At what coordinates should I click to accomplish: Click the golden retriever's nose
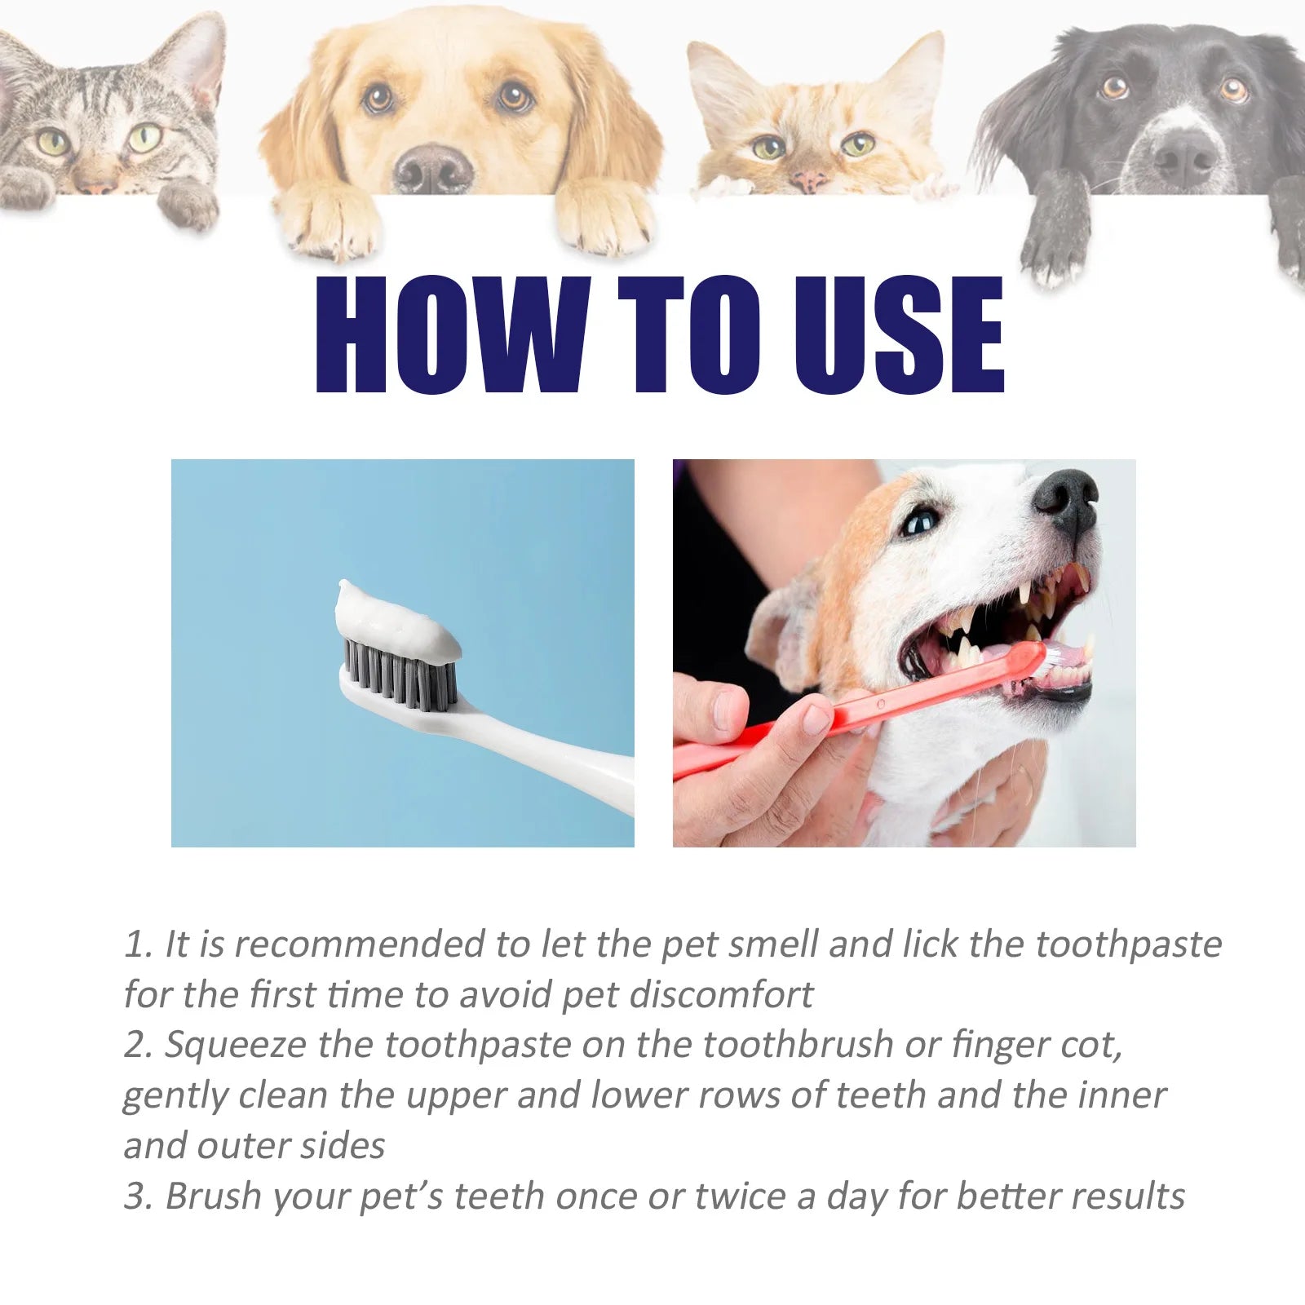coord(432,166)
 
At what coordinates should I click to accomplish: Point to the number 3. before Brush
coord(139,1197)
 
